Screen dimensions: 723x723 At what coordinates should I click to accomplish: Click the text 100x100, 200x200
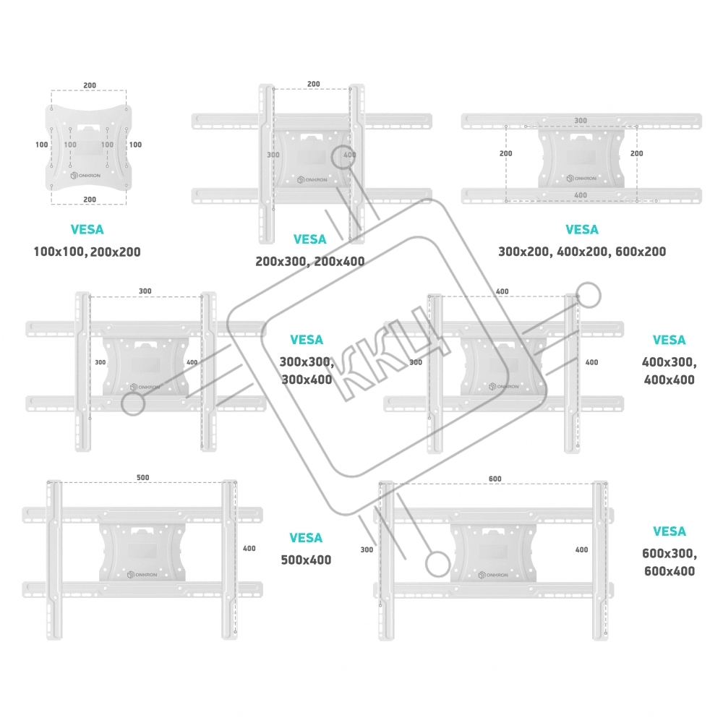point(87,252)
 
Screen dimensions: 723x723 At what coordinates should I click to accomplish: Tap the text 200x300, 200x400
point(309,262)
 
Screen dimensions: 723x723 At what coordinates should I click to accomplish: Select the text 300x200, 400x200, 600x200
point(582,252)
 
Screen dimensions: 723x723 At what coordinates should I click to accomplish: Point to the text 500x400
point(306,560)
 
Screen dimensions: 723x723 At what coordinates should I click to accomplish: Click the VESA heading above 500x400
point(306,538)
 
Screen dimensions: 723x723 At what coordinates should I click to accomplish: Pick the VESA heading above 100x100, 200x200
point(87,230)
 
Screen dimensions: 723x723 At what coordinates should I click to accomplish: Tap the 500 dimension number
point(142,478)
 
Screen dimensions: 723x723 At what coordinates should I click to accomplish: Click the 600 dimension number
point(495,479)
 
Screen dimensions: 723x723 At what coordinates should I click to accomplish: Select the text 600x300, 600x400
point(669,562)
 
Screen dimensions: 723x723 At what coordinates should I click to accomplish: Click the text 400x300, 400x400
point(669,370)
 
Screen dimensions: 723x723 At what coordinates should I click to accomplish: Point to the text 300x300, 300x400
point(306,370)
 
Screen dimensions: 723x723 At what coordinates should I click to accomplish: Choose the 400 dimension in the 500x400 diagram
point(249,549)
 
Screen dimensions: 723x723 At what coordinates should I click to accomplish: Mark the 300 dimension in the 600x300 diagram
point(366,550)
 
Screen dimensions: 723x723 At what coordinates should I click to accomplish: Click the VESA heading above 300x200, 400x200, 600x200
point(582,230)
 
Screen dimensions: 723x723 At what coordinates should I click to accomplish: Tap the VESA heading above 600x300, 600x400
point(669,531)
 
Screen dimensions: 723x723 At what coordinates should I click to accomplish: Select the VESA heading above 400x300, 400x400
point(669,340)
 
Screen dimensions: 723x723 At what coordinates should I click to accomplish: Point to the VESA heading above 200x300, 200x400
point(309,239)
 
